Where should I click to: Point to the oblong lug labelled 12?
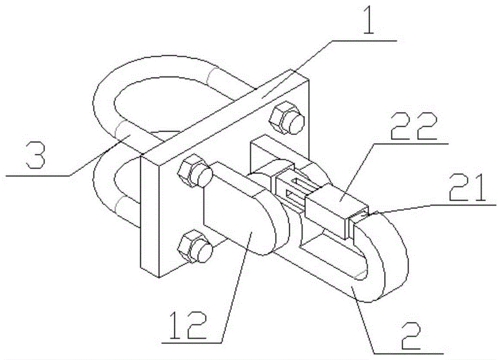[241, 216]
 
